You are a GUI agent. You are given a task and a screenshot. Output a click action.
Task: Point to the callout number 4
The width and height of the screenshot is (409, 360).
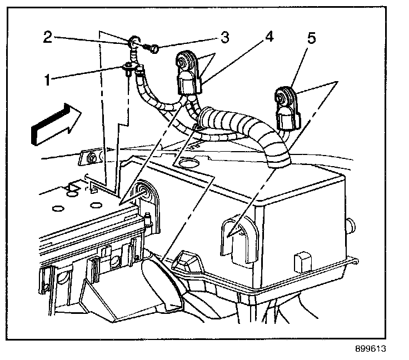268,38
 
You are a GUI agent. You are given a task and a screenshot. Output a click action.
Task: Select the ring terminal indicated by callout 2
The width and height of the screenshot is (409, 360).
135,41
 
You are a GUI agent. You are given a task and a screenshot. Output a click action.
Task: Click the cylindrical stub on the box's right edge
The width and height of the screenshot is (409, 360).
351,224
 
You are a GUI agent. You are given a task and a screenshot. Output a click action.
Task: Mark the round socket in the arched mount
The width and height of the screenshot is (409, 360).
145,192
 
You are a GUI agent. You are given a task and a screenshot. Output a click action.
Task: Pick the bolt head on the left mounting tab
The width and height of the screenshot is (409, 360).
89,159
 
